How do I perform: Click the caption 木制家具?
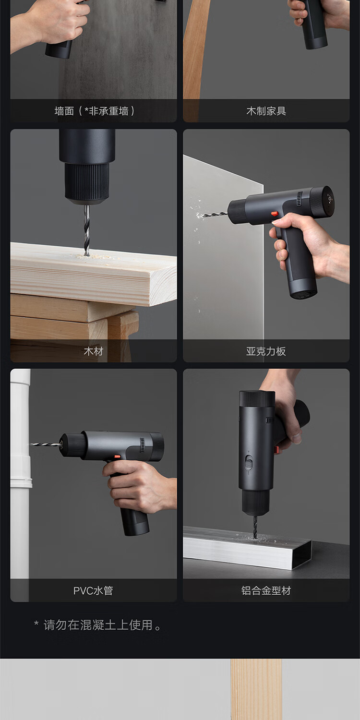pyautogui.click(x=266, y=111)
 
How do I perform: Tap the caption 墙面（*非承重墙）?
pyautogui.click(x=94, y=111)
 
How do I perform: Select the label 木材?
pyautogui.click(x=93, y=351)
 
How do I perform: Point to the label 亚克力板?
pyautogui.click(x=266, y=351)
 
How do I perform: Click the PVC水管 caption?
pyautogui.click(x=93, y=590)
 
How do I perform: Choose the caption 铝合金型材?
pyautogui.click(x=266, y=590)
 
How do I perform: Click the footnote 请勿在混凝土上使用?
pyautogui.click(x=98, y=625)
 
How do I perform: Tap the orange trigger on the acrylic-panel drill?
pyautogui.click(x=274, y=214)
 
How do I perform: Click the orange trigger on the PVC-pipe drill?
pyautogui.click(x=117, y=456)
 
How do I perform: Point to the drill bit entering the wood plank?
pyautogui.click(x=86, y=230)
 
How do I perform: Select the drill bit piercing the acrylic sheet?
pyautogui.click(x=212, y=214)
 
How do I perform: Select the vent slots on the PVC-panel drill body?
pyautogui.click(x=142, y=445)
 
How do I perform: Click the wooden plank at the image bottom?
pyautogui.click(x=256, y=689)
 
